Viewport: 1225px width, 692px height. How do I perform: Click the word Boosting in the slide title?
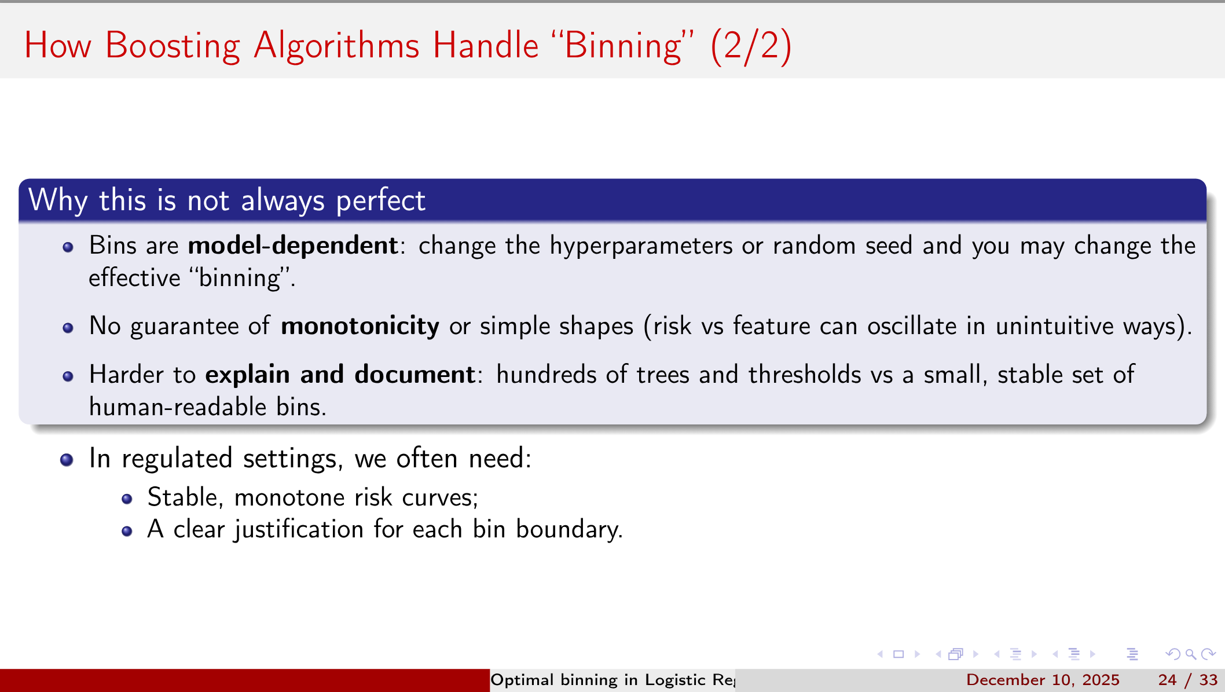click(172, 46)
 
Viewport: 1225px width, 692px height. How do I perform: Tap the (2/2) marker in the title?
click(750, 46)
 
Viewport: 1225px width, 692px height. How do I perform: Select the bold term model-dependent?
click(292, 246)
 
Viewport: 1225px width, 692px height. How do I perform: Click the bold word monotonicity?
click(360, 326)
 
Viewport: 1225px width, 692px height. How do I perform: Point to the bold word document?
click(415, 375)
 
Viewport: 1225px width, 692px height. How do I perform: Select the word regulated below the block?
click(177, 459)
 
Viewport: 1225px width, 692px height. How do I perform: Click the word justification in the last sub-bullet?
click(298, 529)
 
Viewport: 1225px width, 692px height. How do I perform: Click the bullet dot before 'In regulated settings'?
click(67, 460)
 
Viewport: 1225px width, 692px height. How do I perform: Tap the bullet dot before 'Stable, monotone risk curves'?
click(127, 499)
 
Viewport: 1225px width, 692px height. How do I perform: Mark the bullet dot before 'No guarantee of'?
click(68, 328)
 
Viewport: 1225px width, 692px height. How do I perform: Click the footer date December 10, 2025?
click(1043, 680)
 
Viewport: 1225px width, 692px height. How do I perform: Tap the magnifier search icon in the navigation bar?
click(1191, 654)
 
